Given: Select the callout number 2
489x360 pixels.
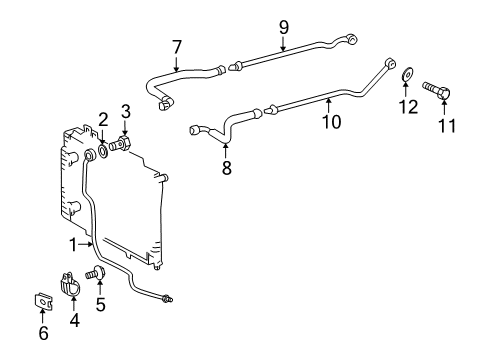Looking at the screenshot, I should point(103,120).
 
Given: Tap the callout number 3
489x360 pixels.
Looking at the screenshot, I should point(126,109).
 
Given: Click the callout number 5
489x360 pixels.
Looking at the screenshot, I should point(100,305).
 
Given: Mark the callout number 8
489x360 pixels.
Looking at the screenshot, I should point(226,168).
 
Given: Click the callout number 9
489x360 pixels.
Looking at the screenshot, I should point(283,26).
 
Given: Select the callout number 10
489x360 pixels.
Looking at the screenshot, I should point(331,122).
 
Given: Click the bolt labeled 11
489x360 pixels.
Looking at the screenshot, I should point(440,92).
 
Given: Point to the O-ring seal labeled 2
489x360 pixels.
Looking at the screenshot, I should point(104,153).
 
